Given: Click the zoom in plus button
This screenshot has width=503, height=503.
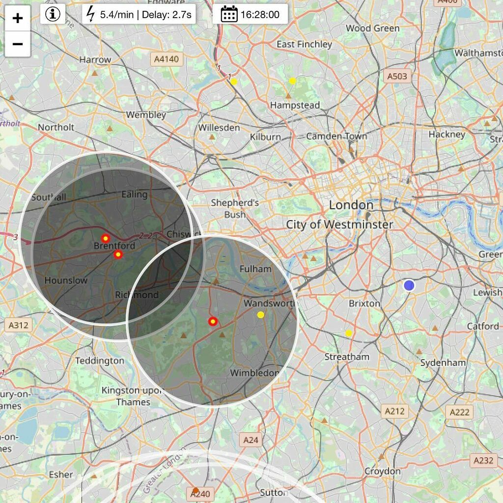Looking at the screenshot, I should pos(18,19).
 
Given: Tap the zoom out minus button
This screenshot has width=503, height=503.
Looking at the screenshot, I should pos(18,44).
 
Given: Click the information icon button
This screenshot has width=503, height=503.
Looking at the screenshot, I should pos(53,14).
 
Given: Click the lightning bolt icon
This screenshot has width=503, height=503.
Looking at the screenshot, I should pos(91,14).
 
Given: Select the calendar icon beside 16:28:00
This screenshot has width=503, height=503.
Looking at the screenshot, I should pos(229,14).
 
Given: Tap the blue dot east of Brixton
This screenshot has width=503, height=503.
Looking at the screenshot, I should pos(409,285).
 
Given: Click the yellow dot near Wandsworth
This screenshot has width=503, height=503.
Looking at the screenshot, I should pos(260,315).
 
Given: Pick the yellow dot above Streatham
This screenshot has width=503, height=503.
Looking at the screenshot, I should pos(348,333).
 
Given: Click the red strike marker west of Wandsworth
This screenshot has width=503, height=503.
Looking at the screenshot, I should pos(213,322).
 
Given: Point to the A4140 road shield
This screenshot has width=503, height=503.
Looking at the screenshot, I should pos(166,59).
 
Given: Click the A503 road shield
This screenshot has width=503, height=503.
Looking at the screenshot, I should pos(397,76).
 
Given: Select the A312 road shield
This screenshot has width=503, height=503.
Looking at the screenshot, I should pos(19,325).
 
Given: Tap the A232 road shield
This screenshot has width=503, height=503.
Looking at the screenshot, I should pos(483,460).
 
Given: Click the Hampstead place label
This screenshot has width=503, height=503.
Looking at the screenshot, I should pos(295,105).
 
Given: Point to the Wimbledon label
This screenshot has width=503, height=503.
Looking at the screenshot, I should pos(254,372).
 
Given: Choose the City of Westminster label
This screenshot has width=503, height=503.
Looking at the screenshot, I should pos(339,224).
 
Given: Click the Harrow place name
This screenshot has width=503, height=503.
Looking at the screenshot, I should pos(95,59).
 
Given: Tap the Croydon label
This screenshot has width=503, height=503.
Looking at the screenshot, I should pos(382,471).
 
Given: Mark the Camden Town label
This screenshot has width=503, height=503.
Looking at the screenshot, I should pos(336,136).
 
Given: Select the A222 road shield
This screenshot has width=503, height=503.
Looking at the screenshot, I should pos(459,412).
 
